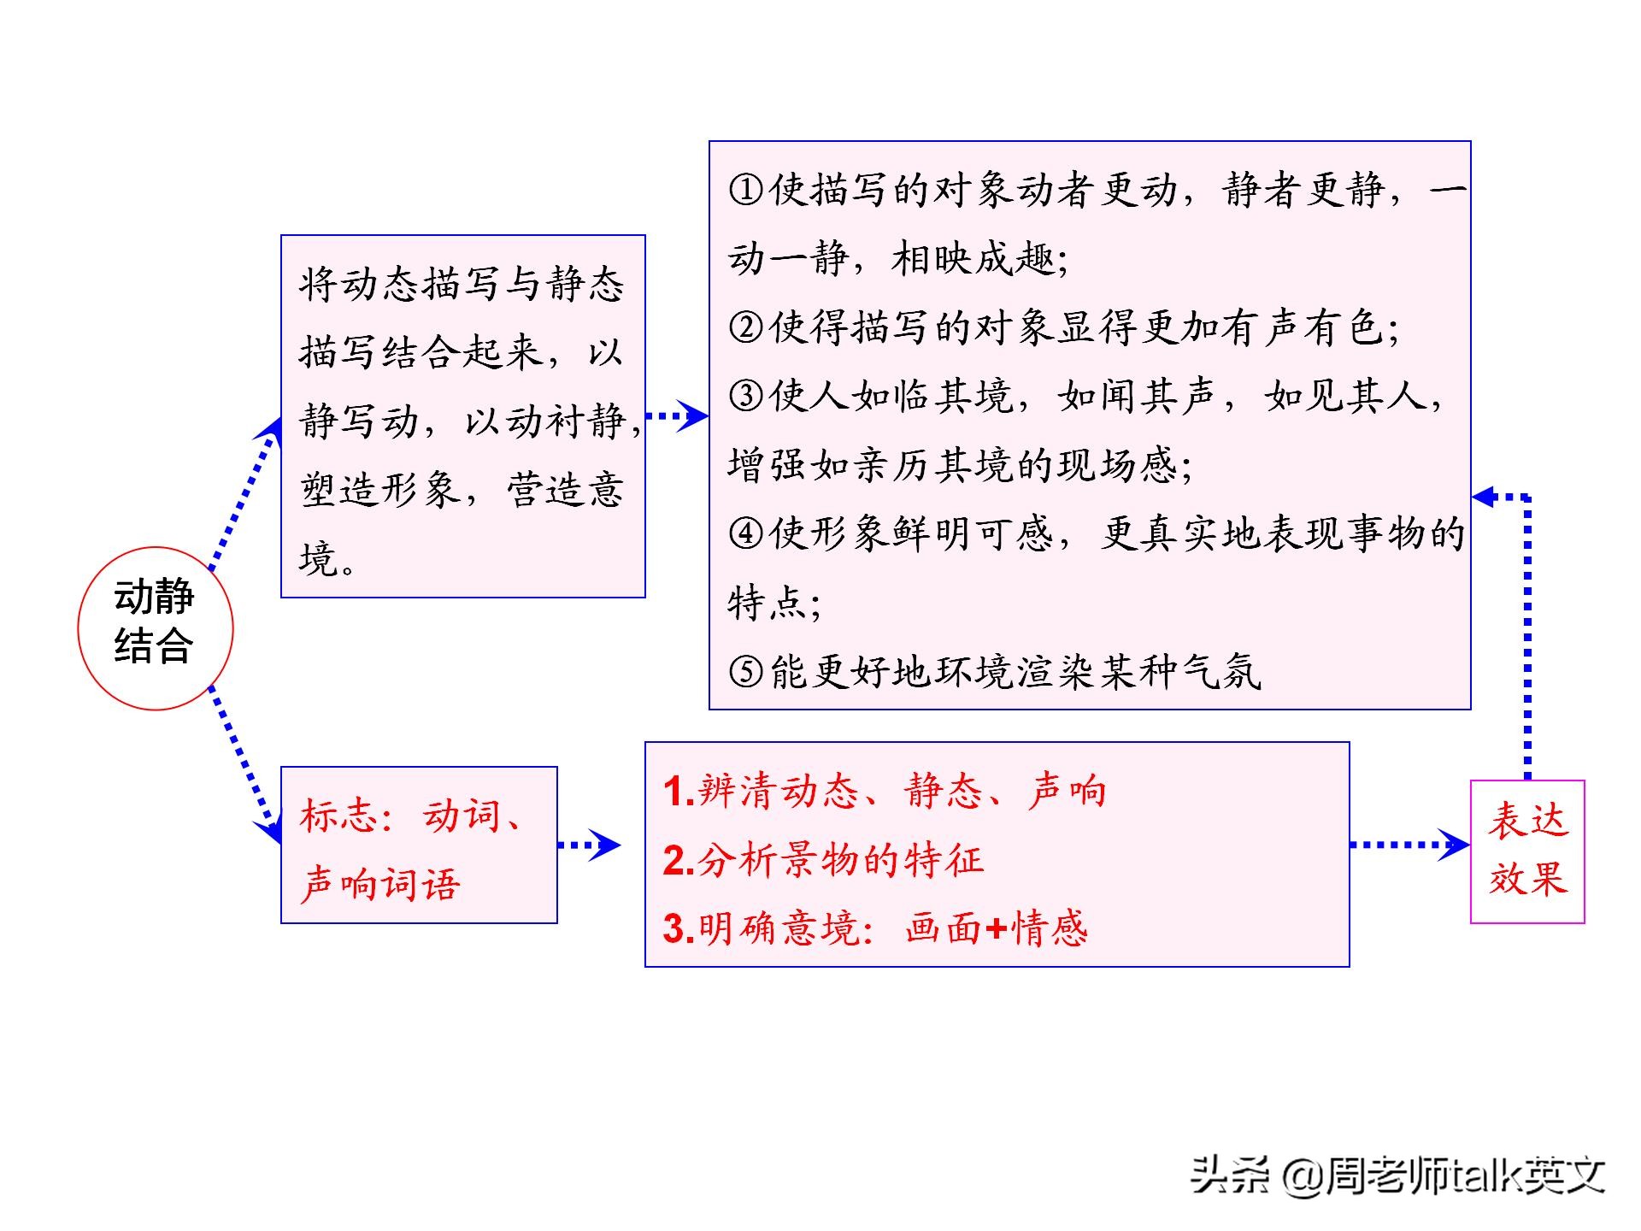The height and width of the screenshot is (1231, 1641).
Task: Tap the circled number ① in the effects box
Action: coord(746,189)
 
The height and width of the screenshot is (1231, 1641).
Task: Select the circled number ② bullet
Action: coord(746,327)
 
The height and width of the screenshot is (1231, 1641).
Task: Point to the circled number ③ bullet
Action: coord(746,396)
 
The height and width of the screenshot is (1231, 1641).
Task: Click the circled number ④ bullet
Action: coord(746,533)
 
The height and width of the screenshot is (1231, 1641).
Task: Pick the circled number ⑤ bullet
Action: coord(746,671)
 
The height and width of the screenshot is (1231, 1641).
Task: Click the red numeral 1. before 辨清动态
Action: coord(679,792)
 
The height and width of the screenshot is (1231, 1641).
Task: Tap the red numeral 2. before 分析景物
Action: coord(679,860)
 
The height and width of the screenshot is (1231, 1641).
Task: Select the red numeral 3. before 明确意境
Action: coord(679,929)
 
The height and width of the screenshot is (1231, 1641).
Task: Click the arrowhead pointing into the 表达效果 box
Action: coord(1455,845)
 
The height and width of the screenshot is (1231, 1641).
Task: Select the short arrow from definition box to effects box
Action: coord(677,416)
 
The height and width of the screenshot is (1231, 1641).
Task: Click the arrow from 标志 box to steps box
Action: coord(590,845)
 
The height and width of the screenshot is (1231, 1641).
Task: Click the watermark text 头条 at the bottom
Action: coord(1231,1175)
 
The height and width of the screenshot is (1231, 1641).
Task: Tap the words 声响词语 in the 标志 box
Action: coord(380,885)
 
